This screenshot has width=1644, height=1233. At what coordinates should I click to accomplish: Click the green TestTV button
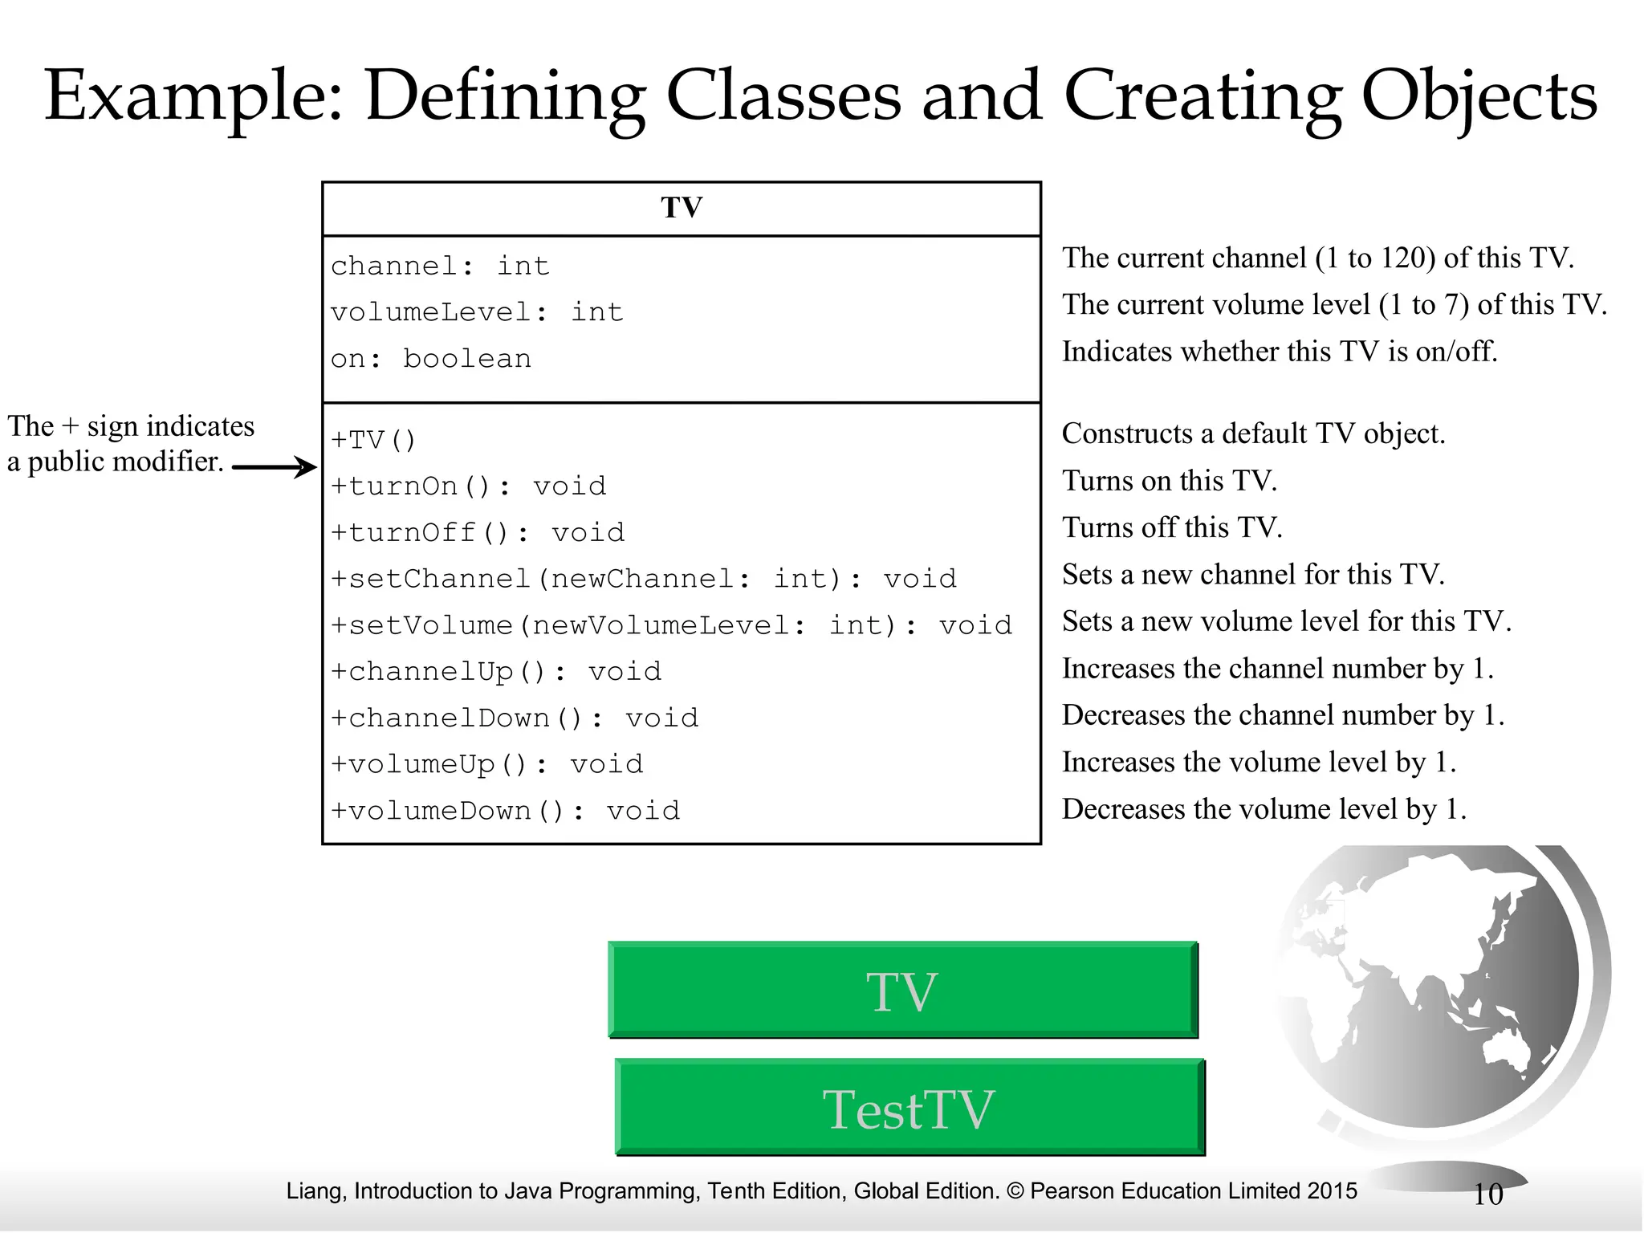coord(909,1109)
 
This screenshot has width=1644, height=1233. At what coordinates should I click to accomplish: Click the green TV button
coord(902,991)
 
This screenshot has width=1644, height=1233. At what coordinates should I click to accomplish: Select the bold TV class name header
coord(682,208)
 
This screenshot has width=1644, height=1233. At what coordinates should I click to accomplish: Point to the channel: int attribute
coord(440,266)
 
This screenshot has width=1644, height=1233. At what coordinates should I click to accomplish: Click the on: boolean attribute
coord(431,359)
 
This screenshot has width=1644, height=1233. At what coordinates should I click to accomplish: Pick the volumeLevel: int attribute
coord(477,312)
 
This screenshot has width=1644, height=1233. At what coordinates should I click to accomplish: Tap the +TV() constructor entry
coord(373,440)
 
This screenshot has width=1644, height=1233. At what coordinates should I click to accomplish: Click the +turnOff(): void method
coord(478,532)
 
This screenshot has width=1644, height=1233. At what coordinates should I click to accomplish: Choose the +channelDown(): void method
coord(515,718)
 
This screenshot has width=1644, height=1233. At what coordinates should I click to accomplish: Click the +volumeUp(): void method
coord(487,764)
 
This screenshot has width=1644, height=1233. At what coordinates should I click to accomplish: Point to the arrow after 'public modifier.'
coord(275,467)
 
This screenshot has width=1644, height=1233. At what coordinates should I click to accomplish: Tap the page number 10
coord(1487,1194)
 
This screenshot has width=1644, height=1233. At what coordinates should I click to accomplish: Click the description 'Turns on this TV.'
coord(1170,480)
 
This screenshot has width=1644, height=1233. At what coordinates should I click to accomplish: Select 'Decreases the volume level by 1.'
coord(1264,808)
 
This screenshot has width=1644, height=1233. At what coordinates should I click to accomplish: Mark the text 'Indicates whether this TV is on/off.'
coord(1280,352)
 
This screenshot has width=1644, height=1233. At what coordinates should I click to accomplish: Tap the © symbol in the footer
coord(1015,1191)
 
